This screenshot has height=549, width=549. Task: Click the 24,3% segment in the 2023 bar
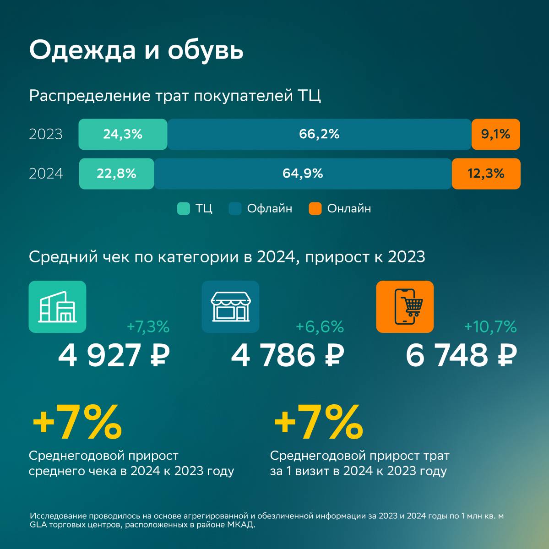123,134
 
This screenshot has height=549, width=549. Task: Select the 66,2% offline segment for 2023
319,134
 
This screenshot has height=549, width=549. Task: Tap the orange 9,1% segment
495,134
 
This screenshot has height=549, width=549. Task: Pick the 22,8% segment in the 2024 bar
116,174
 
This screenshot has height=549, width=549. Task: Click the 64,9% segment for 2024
303,174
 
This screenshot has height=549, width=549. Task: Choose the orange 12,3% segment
486,174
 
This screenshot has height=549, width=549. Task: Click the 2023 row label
46,135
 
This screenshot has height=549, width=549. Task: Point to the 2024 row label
46,174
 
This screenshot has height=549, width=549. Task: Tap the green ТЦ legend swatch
184,209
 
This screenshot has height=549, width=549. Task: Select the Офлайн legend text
269,209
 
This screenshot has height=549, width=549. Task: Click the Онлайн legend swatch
315,209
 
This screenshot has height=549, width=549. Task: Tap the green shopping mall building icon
57,307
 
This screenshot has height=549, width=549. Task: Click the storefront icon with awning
230,307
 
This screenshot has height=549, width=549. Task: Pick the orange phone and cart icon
405,307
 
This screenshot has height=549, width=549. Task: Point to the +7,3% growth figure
148,327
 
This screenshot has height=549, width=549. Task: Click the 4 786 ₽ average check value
287,355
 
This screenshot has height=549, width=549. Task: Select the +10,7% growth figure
490,327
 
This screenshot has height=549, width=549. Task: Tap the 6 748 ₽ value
461,355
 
